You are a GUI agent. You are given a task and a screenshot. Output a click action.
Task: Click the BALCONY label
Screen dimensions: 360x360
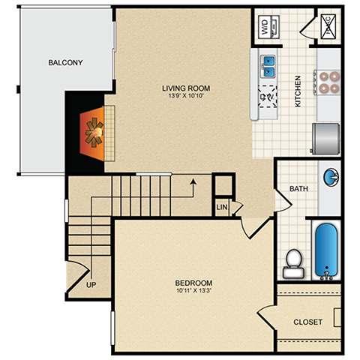[x=65, y=62]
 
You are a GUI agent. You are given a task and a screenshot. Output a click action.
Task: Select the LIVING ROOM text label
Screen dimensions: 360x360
[x=184, y=87]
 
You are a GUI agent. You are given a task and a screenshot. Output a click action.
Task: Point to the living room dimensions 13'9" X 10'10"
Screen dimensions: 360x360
[x=184, y=96]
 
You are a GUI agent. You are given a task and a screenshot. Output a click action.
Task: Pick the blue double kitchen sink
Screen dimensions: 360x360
[x=268, y=66]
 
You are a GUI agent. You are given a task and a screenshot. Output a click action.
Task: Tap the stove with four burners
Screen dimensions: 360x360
[x=328, y=80]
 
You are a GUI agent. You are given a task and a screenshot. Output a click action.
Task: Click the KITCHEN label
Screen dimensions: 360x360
[x=298, y=91]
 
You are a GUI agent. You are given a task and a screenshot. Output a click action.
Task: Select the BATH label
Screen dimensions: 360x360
[x=298, y=188]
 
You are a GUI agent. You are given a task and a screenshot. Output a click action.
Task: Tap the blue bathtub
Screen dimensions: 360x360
[x=325, y=250]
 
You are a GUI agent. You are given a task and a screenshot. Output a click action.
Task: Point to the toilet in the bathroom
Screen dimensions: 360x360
[x=292, y=262]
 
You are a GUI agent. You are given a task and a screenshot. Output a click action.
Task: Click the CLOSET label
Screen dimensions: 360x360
[x=308, y=322]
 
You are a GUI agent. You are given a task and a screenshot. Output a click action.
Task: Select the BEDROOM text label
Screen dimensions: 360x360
[x=194, y=283]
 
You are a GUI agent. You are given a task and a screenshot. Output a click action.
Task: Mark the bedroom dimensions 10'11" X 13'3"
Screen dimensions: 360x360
[x=194, y=291]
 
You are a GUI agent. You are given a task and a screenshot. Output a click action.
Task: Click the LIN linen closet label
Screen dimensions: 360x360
[x=222, y=206]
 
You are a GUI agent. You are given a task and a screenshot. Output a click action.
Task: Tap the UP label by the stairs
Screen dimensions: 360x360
[x=91, y=286]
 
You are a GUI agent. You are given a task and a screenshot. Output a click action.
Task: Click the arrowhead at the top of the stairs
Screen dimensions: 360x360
[x=193, y=180]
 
